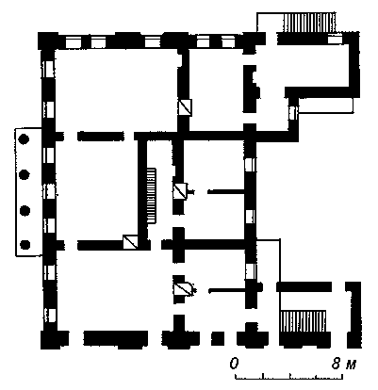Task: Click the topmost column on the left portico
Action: click(x=25, y=138)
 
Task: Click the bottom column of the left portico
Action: click(x=25, y=244)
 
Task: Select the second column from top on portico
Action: click(x=25, y=174)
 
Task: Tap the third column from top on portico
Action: click(x=25, y=210)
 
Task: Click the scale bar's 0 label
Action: click(x=234, y=364)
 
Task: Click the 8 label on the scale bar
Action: click(x=337, y=364)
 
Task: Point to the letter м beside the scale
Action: click(x=351, y=365)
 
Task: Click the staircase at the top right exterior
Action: click(x=309, y=22)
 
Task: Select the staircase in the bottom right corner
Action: click(x=304, y=321)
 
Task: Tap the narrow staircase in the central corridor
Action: click(x=152, y=196)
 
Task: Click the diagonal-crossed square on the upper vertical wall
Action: click(x=185, y=107)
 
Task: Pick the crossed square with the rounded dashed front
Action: click(x=184, y=289)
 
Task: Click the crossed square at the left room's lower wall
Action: click(x=130, y=242)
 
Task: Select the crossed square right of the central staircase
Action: click(x=181, y=191)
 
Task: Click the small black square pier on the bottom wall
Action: click(x=218, y=338)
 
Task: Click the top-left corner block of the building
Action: click(x=48, y=41)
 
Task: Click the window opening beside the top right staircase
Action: click(x=335, y=40)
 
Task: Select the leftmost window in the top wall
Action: click(x=74, y=42)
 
